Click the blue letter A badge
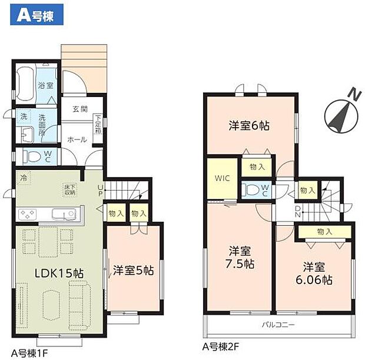coord(22,15)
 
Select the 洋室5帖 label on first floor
coord(133,271)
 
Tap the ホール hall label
coord(77,140)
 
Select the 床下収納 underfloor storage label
coord(69,189)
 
